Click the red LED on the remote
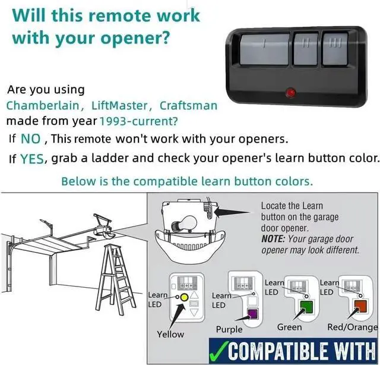290,93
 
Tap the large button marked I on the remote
265,49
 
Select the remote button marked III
335,49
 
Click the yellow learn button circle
185,297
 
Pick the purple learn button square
252,314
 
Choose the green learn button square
306,307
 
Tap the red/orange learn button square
360,306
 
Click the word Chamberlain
43,106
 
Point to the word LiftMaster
119,106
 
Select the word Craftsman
188,106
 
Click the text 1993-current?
138,121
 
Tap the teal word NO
30,139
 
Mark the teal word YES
32,159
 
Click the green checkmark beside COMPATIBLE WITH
219,351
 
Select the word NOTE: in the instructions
273,239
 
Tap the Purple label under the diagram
229,329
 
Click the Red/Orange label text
352,328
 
